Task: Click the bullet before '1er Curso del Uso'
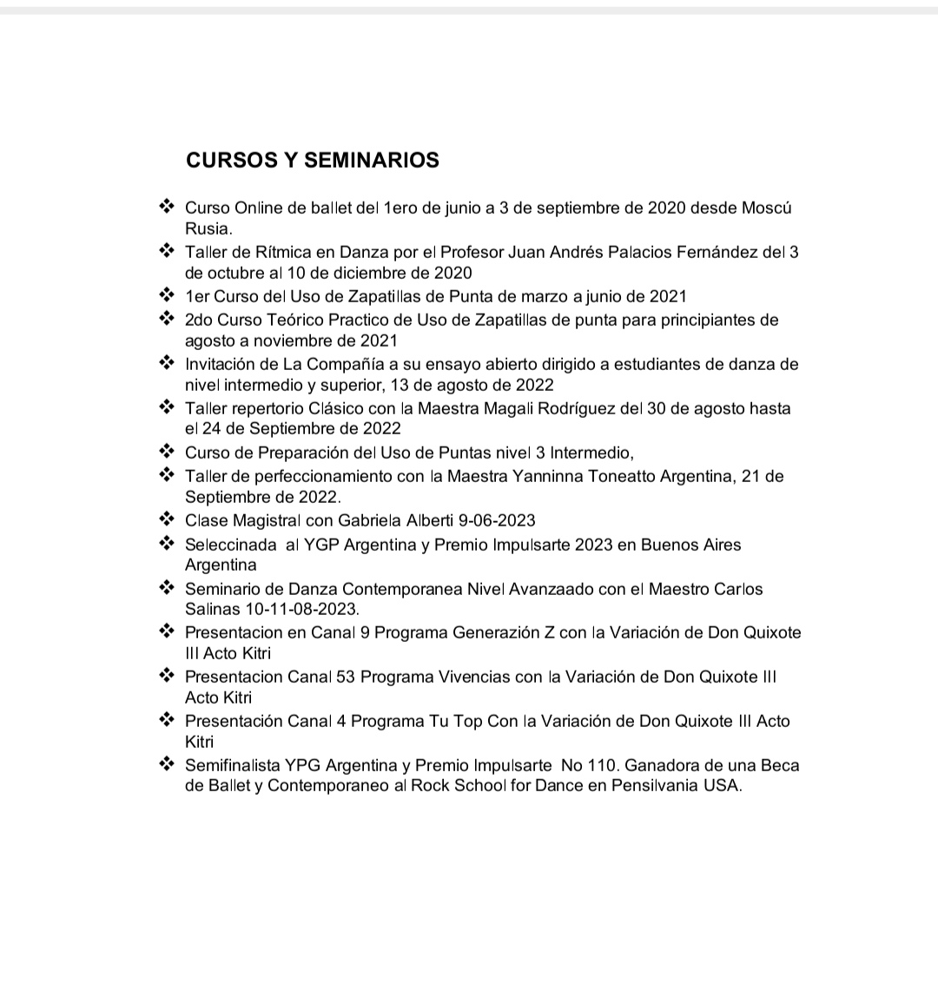[167, 295]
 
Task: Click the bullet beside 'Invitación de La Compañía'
[167, 363]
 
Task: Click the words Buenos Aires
[690, 545]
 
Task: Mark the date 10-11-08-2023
[296, 609]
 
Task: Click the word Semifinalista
[232, 766]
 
